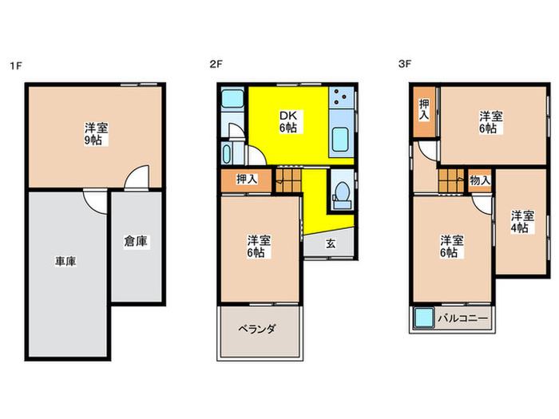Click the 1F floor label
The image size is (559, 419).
[16, 66]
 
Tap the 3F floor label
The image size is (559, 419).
[405, 64]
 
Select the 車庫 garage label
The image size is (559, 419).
[65, 262]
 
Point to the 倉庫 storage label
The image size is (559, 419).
[136, 242]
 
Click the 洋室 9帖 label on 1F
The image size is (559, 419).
[97, 134]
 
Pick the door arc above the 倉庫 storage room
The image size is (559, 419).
[137, 176]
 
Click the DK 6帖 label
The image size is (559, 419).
[288, 122]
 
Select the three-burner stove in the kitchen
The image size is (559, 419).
[341, 97]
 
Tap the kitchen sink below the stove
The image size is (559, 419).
[340, 139]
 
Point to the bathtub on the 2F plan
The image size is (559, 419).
[227, 153]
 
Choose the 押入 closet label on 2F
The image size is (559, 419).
[246, 180]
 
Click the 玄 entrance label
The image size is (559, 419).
[331, 243]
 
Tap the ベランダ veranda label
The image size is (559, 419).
[257, 329]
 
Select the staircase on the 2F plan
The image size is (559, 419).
[288, 180]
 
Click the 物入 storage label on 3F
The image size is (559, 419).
[479, 180]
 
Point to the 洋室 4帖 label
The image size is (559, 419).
[522, 223]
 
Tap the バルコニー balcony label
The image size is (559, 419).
[462, 318]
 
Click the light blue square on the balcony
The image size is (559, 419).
[423, 318]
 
